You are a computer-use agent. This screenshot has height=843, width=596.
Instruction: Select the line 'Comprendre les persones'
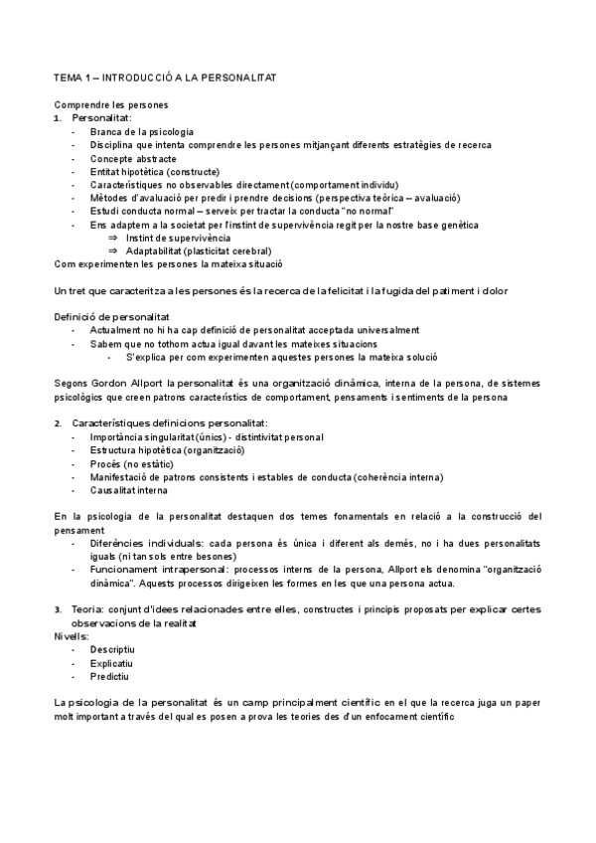pos(111,105)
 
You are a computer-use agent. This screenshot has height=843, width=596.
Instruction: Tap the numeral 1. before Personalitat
pos(58,118)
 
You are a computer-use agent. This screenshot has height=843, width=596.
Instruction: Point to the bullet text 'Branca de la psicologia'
pos(141,131)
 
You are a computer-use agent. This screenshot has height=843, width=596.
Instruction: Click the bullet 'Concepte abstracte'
pos(133,158)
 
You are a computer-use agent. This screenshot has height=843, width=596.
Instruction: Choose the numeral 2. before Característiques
pos(58,423)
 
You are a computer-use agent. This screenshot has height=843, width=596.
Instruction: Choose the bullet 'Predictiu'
pos(110,676)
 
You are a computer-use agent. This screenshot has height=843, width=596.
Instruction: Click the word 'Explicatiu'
pos(112,662)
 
